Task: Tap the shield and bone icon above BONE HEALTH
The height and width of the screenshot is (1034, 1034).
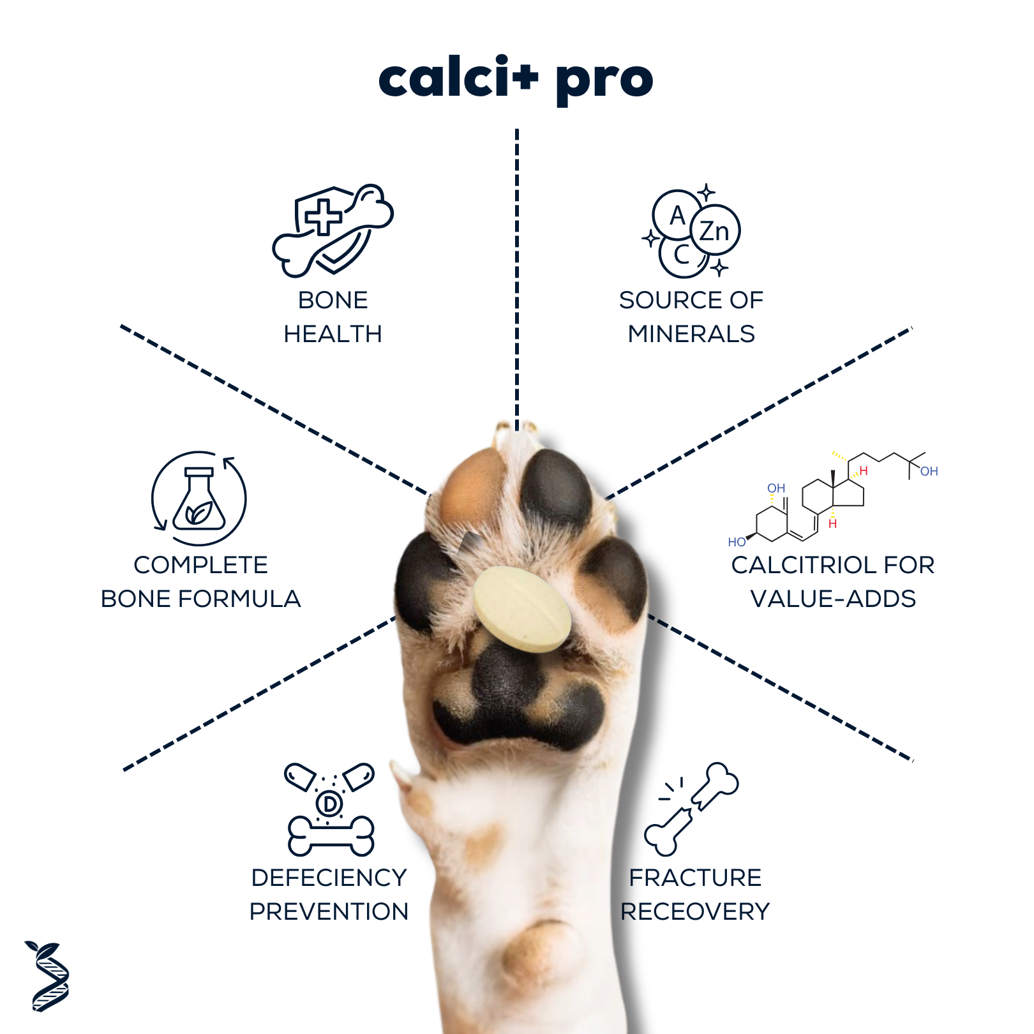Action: pos(333,230)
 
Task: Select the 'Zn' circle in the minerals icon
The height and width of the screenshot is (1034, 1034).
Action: pos(715,230)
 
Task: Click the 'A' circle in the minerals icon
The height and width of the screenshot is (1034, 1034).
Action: pos(677,215)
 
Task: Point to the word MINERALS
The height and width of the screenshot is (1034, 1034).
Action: pos(691,334)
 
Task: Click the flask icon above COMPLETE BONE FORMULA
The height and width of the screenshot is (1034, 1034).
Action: pos(199,498)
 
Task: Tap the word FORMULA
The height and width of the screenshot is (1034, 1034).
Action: pos(239,599)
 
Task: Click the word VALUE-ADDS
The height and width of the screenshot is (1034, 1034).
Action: pos(833,599)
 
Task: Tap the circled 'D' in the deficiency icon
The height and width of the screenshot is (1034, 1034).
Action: pos(330,804)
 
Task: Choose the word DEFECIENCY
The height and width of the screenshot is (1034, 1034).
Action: pos(329,878)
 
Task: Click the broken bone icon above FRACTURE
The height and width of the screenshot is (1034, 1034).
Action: pos(691,809)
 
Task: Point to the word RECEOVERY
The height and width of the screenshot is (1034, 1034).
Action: pos(695,911)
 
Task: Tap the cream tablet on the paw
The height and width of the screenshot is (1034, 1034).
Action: pos(521,609)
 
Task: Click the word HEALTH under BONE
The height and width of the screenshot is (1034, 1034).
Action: pos(333,334)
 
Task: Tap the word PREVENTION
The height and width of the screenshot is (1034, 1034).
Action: pos(329,911)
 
